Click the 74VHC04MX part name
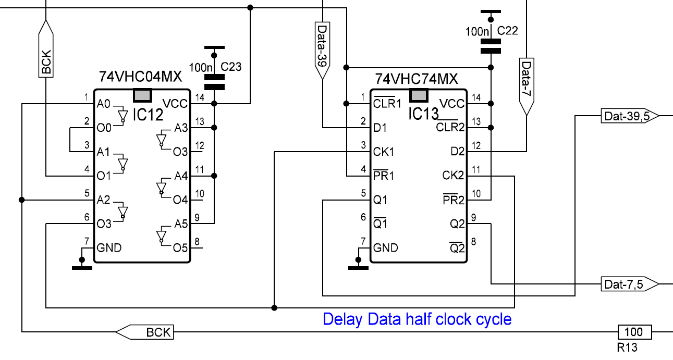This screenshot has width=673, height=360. click(140, 78)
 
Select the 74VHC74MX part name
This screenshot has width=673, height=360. click(417, 79)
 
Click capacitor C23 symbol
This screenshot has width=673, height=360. click(214, 82)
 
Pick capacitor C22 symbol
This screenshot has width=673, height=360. click(490, 46)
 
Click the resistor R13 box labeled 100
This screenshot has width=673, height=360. click(633, 331)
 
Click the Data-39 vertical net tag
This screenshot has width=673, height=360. click(323, 49)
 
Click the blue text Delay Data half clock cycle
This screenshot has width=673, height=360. click(417, 319)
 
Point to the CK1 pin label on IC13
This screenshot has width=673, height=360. click(384, 152)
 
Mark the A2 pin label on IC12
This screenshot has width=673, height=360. click(104, 200)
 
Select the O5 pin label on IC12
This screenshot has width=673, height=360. click(180, 247)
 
